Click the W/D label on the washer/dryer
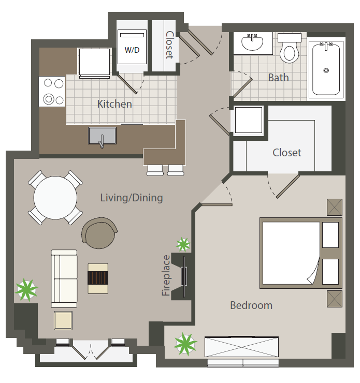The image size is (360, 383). point(132,50)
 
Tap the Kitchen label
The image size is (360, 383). point(114,104)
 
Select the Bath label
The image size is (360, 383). point(278,78)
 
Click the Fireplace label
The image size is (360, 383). point(166,275)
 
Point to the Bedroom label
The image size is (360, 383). point(251,305)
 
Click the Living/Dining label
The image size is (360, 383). point(132,198)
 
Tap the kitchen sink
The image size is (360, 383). point(102,136)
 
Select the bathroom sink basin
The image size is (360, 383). point(252,42)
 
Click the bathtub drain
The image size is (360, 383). point(326,70)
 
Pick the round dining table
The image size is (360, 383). point(55,198)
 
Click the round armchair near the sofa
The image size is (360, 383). point(99,233)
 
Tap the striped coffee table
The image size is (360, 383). point(98,278)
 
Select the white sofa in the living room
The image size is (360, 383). point(64,278)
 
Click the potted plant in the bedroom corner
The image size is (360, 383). point(185,344)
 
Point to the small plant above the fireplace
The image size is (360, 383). point(183,244)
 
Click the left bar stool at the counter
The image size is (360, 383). point(155,170)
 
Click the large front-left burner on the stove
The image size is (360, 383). point(49,99)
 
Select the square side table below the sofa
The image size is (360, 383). point(63,320)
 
